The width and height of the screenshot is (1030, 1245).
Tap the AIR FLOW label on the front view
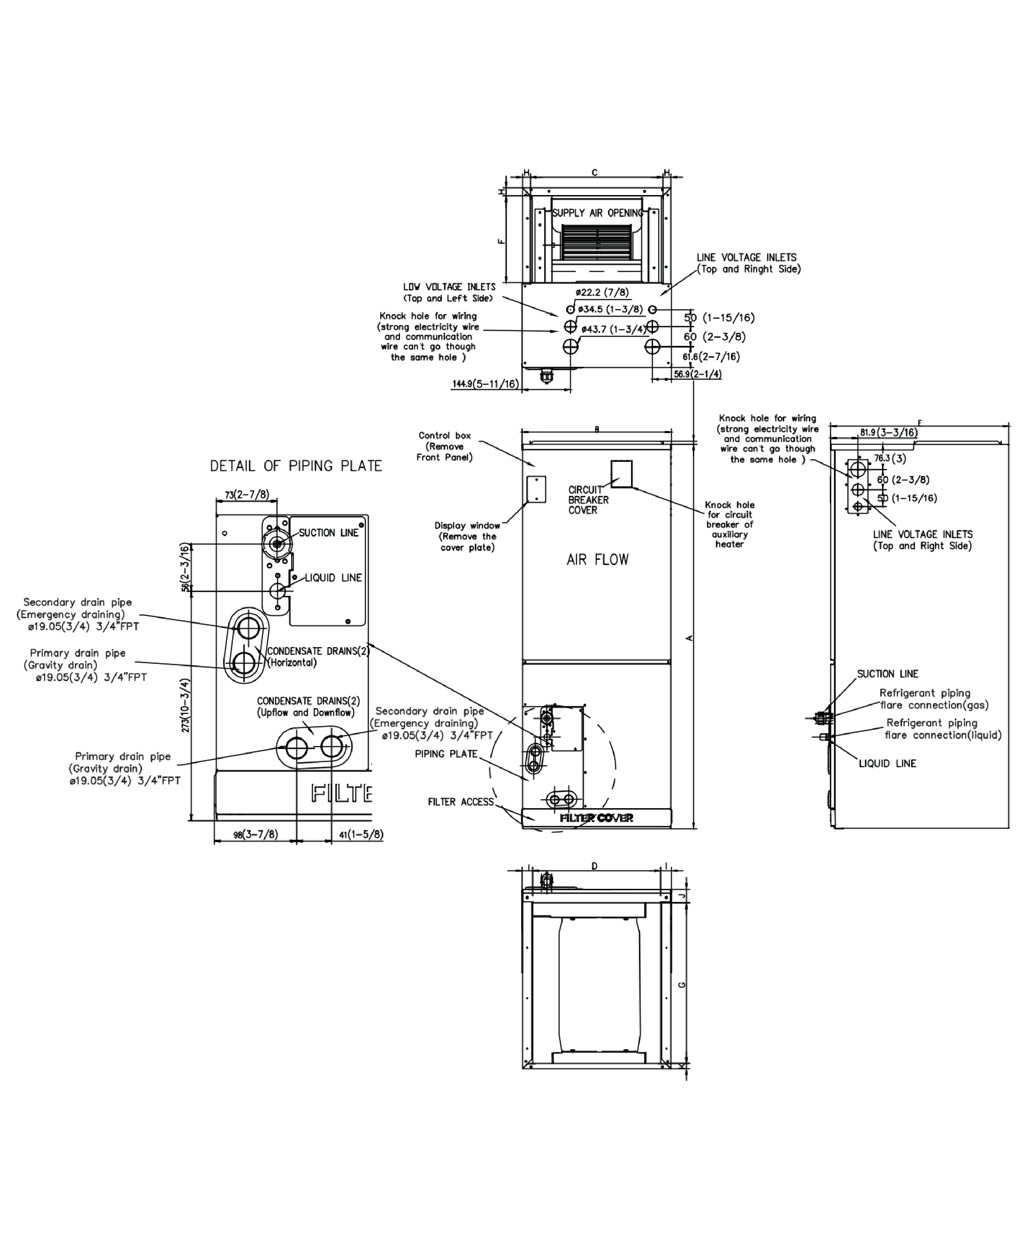597,560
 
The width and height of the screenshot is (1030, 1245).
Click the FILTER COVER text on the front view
596,818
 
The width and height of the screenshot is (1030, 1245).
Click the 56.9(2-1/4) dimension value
698,374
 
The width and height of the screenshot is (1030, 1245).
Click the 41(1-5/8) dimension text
361,835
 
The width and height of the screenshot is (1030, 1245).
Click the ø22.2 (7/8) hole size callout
602,292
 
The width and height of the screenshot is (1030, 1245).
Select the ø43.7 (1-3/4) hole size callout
614,330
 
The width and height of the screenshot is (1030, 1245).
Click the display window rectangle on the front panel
536,489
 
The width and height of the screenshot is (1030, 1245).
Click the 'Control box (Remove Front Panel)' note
445,446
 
